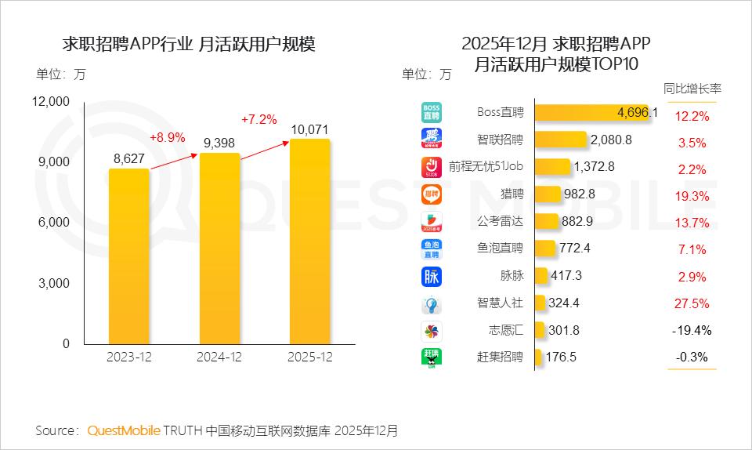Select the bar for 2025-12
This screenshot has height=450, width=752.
point(309,241)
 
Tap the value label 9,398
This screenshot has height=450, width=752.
point(219,143)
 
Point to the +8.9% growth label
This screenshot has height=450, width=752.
point(167,137)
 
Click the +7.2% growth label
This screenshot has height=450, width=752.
point(258,119)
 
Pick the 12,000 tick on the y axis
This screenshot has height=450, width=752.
point(51,101)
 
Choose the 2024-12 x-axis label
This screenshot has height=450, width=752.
point(219,357)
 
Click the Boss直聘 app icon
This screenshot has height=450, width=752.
point(432,112)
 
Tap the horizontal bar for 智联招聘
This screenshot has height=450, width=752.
point(561,140)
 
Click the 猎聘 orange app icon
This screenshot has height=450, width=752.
point(432,194)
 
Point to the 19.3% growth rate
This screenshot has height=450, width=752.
point(692,196)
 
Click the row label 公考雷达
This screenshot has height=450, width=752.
point(500,221)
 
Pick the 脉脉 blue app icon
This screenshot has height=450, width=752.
point(432,276)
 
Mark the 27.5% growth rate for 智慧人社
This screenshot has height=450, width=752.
point(692,303)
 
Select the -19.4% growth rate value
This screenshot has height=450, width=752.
point(692,330)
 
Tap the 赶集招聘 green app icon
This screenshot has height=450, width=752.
point(432,357)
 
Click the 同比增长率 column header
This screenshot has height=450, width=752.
point(692,89)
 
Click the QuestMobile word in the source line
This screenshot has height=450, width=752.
point(124,430)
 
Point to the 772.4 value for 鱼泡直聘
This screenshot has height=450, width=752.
point(576,249)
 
